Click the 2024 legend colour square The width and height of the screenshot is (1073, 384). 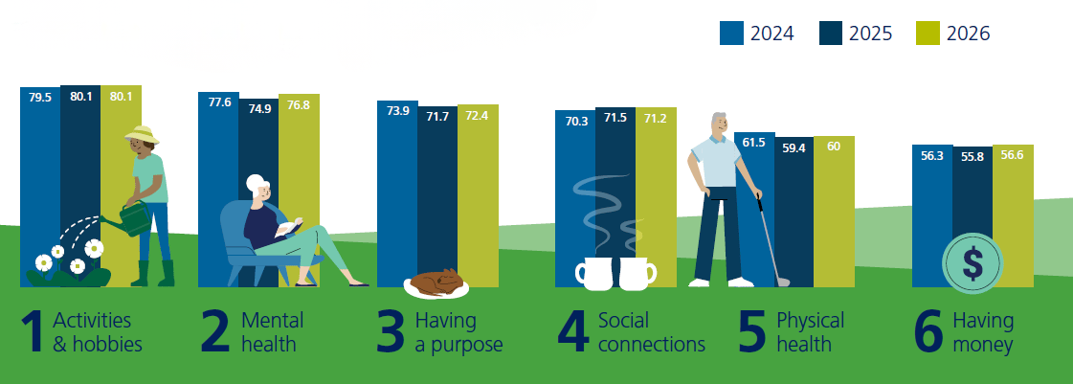pos(732,33)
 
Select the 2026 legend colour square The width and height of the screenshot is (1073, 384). pos(928,33)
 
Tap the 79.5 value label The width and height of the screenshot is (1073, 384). pos(39,97)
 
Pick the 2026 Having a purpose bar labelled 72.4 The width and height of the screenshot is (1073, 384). pos(478,192)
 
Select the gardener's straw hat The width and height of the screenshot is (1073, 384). pos(142,135)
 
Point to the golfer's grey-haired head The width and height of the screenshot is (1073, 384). pos(717,125)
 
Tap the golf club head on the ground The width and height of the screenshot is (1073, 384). pos(782,282)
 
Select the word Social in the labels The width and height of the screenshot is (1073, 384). pos(623,320)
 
